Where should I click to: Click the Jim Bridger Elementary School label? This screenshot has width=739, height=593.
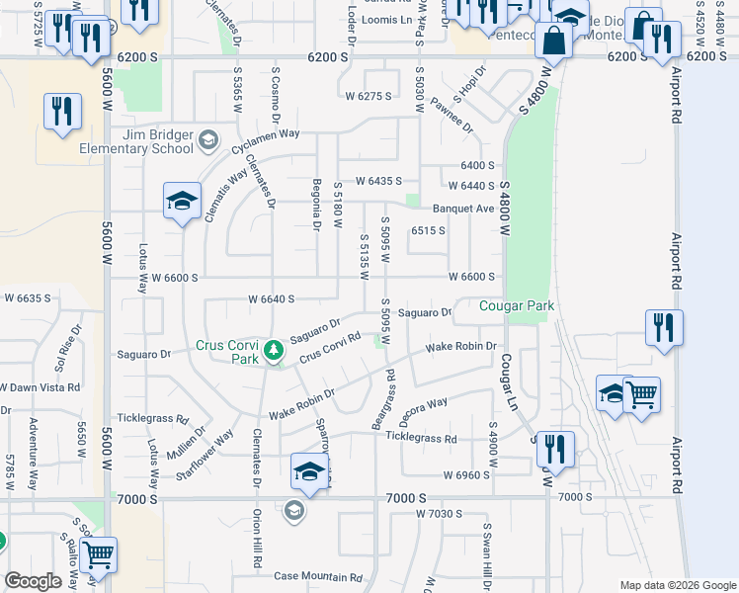tap(158, 141)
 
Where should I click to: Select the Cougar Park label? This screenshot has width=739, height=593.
tap(517, 305)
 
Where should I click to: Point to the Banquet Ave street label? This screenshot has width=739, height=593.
tap(463, 209)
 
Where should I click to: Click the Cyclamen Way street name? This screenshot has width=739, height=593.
tap(265, 134)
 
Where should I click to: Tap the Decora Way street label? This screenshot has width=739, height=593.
tap(424, 405)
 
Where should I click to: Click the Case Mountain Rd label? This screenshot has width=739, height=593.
tap(318, 576)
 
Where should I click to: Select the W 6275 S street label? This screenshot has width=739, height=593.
tap(369, 96)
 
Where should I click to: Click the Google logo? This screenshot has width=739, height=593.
tap(32, 580)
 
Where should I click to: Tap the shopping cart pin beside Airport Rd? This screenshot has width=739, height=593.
tap(643, 396)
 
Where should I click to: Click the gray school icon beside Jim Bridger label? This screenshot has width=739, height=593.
tap(207, 141)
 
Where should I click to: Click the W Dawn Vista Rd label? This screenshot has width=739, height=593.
tap(40, 386)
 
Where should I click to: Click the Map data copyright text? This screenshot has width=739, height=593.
tap(676, 585)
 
